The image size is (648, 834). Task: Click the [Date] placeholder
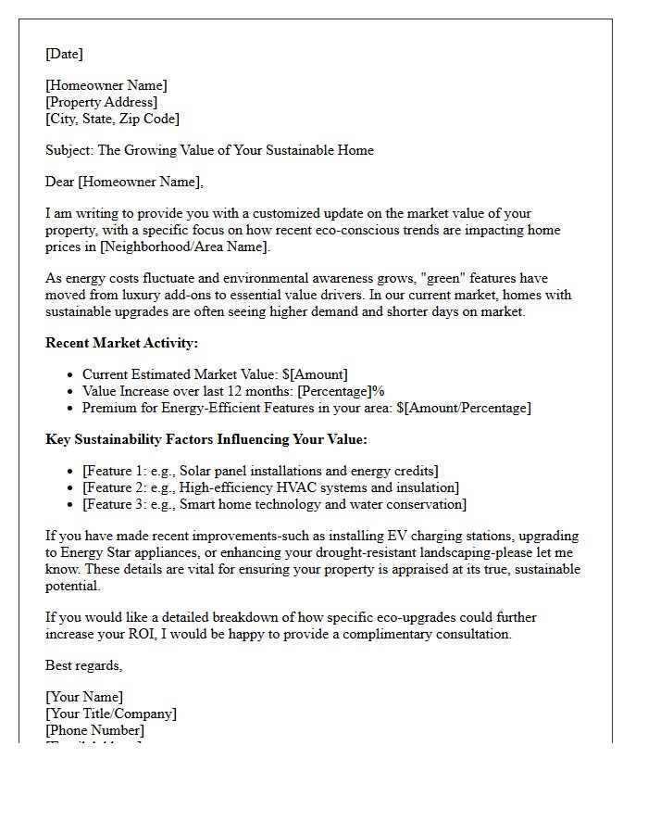click(64, 54)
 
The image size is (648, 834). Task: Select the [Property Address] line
click(101, 102)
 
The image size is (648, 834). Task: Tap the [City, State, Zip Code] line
click(112, 119)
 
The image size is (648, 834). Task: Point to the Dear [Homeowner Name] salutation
click(124, 182)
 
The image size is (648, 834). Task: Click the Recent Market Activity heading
click(121, 343)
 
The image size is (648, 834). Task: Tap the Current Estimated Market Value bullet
click(215, 374)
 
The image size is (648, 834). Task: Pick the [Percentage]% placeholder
click(341, 391)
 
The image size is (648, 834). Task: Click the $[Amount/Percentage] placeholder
click(464, 408)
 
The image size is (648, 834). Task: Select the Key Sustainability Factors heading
click(206, 439)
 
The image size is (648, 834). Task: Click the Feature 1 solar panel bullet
click(260, 471)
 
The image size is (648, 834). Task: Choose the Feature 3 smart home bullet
click(274, 504)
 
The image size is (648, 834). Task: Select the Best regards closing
click(83, 665)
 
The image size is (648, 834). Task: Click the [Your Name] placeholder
click(84, 697)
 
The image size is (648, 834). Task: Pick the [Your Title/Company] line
click(111, 714)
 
